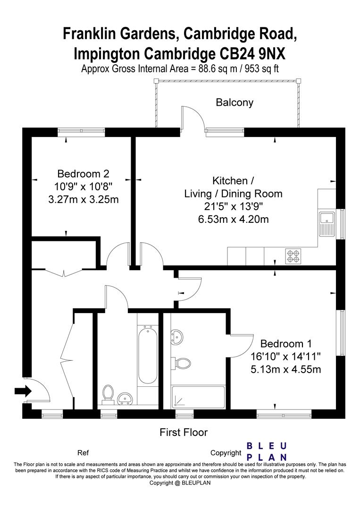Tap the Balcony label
click(234, 102)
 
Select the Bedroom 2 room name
click(83, 173)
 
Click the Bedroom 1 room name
click(286, 343)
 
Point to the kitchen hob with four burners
click(293, 256)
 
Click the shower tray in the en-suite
click(198, 397)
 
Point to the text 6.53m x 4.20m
click(233, 219)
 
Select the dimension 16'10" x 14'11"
click(286, 356)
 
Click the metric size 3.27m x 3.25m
click(83, 199)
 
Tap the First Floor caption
click(184, 432)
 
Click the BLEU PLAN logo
click(267, 451)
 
